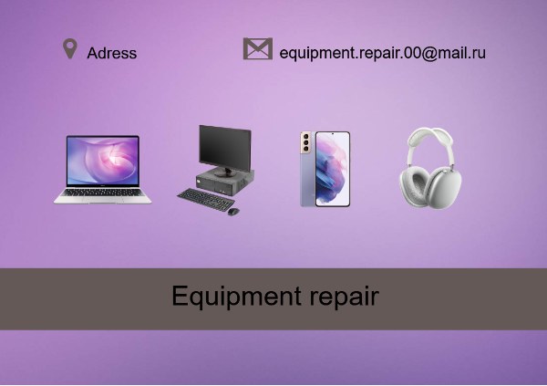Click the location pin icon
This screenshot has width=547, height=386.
70,48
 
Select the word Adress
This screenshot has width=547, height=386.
111,53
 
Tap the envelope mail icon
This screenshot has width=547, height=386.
258,48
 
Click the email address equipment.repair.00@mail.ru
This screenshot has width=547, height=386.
382,53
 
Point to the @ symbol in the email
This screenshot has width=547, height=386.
429,54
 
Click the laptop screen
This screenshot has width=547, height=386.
103,161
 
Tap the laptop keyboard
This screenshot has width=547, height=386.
103,193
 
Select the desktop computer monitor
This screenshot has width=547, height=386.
225,148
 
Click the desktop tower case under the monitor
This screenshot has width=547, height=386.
225,183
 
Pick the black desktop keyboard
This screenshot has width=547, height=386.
206,200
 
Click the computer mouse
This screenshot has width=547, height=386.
233,212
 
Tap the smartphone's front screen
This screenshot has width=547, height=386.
333,169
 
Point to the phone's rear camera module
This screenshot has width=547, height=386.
305,142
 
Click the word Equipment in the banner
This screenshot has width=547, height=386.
236,297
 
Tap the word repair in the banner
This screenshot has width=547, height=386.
345,297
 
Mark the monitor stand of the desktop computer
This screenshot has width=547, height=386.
225,172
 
